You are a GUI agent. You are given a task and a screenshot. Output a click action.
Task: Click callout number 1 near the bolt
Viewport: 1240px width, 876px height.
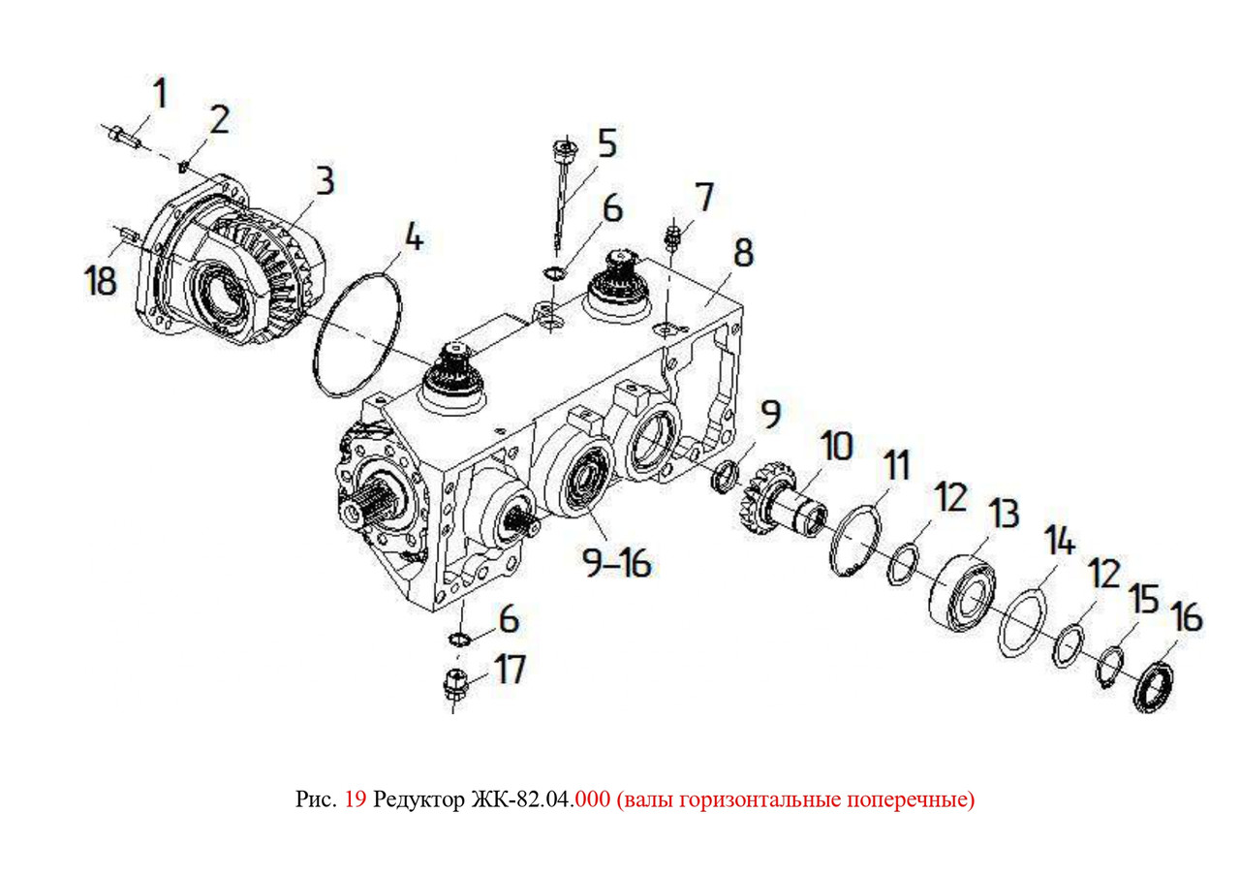pyautogui.click(x=160, y=93)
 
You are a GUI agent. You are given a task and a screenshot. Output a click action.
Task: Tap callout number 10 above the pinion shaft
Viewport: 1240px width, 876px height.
pyautogui.click(x=836, y=447)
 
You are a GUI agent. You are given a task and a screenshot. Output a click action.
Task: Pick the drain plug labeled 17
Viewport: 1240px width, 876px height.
pyautogui.click(x=455, y=687)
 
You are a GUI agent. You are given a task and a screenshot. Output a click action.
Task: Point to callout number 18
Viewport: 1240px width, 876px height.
pyautogui.click(x=100, y=280)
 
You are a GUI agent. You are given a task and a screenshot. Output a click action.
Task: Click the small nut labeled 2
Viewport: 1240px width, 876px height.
pyautogui.click(x=184, y=166)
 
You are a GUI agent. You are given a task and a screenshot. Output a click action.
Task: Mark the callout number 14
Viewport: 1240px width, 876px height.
pyautogui.click(x=1060, y=539)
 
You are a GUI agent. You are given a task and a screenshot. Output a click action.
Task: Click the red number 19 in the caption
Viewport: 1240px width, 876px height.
pyautogui.click(x=356, y=799)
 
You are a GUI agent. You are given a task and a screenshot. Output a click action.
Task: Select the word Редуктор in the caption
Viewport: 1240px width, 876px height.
pyautogui.click(x=419, y=800)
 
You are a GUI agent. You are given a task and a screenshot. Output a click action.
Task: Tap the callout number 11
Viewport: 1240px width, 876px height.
pyautogui.click(x=896, y=465)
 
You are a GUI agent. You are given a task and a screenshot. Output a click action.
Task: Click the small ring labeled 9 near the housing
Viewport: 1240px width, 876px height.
pyautogui.click(x=725, y=477)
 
